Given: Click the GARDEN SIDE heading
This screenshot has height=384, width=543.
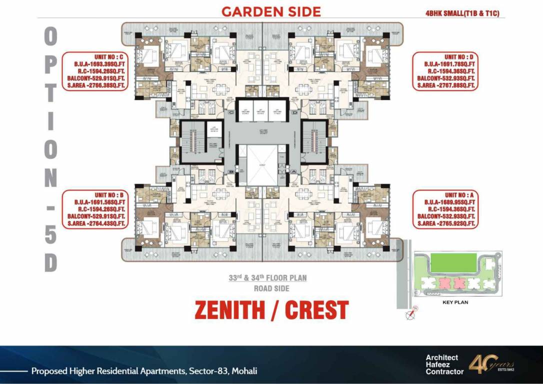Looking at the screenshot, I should coord(271,11).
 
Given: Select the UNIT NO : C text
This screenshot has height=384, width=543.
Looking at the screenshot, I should coord(94,57).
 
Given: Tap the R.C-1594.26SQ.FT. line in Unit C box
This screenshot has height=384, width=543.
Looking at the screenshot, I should coord(94,71).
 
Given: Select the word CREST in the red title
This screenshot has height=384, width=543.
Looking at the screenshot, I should coord(316,310).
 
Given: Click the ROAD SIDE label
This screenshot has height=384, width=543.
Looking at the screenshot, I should coord(271,288).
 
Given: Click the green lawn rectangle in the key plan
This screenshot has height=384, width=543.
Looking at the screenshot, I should coord(453,263).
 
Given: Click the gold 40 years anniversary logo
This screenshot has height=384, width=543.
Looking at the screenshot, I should coord(490,363).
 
